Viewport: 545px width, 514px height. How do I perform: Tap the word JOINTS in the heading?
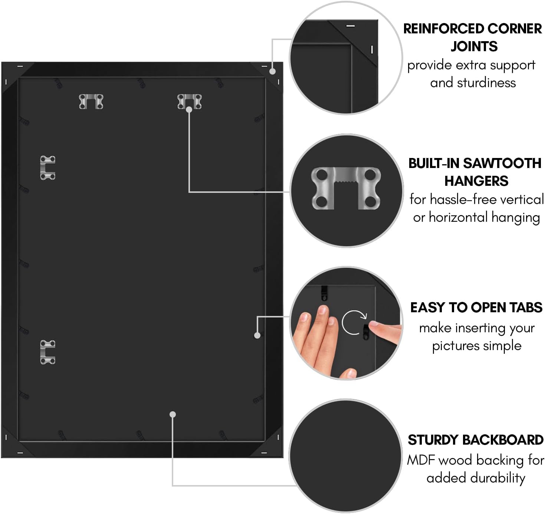(474, 47)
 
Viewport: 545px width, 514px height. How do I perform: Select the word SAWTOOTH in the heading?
(502, 164)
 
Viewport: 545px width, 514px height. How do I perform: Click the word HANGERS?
(476, 181)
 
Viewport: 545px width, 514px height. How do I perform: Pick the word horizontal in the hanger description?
(458, 218)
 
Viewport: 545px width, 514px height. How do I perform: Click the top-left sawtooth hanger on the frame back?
(91, 101)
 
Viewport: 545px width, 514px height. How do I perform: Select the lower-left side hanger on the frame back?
(48, 352)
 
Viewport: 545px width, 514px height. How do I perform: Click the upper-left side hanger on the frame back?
(48, 168)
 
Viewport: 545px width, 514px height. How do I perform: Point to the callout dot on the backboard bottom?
(173, 414)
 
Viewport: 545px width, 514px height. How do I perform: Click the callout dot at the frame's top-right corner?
(273, 71)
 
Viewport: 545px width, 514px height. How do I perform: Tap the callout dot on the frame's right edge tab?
(257, 335)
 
